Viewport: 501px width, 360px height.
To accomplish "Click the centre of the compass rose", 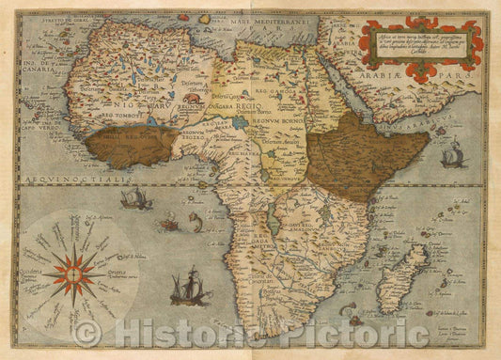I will pyautogui.click(x=73, y=274).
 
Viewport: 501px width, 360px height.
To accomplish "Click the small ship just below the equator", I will pyautogui.click(x=136, y=198).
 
